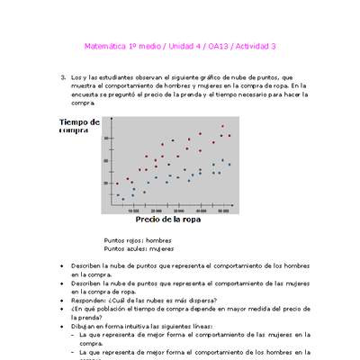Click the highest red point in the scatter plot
coord(223,127)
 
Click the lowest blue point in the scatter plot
coord(122,199)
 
